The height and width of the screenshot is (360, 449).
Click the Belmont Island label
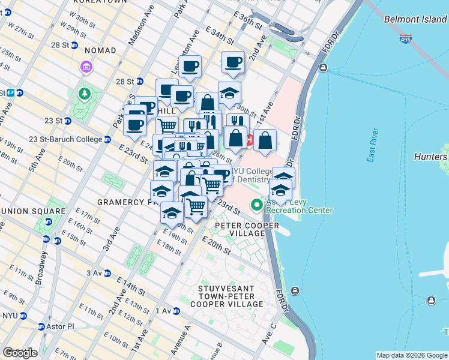click(x=415, y=19)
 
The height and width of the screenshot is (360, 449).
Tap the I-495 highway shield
click(x=405, y=39)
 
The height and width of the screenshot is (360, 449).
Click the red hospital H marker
click(x=249, y=142)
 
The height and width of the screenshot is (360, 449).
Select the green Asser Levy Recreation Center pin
click(x=258, y=205)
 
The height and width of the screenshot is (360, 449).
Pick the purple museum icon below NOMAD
click(x=86, y=66)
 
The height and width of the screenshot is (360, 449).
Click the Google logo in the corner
click(x=20, y=353)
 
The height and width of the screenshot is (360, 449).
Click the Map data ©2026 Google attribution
click(x=411, y=355)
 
